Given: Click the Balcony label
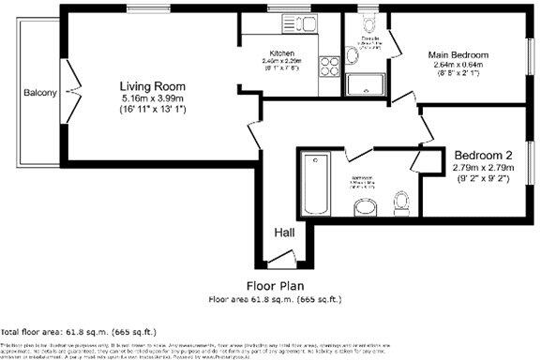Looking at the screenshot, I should [40, 93].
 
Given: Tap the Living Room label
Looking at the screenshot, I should [149, 86].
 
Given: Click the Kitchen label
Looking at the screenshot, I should [283, 52].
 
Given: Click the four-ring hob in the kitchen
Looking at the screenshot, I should [330, 67].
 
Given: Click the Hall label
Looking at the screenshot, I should [284, 232].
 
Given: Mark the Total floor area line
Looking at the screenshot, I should [80, 332].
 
